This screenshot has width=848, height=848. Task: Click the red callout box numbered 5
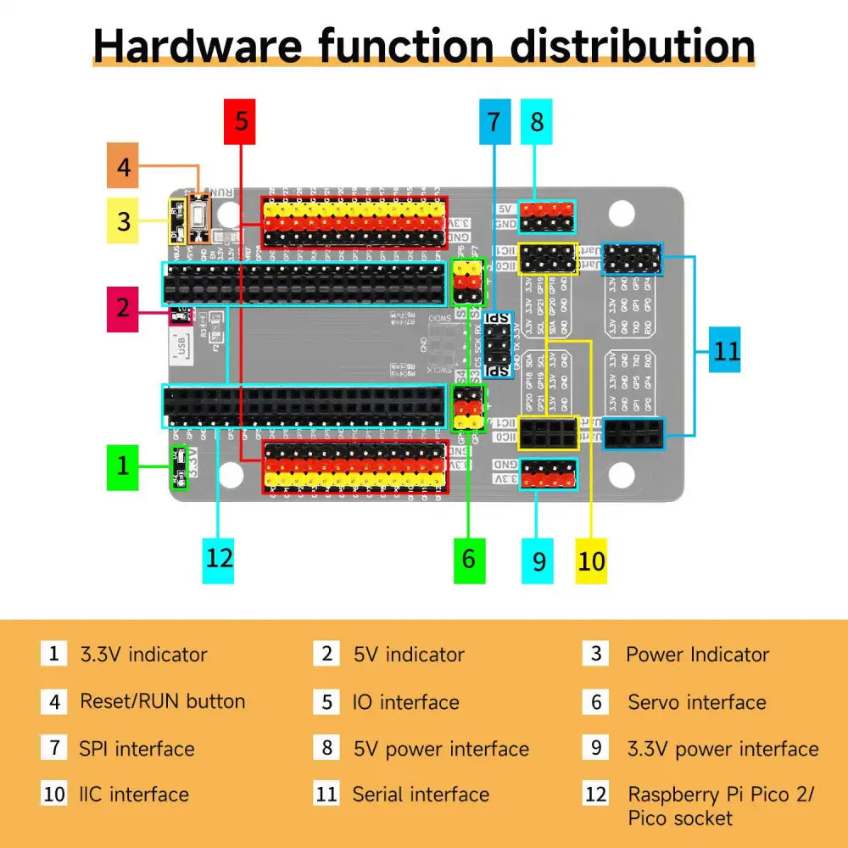click(242, 121)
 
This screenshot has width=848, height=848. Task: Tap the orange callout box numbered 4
click(124, 167)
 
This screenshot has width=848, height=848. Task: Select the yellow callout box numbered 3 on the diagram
click(124, 221)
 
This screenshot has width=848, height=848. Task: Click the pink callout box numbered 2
click(123, 308)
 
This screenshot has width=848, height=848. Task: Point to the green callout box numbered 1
click(124, 466)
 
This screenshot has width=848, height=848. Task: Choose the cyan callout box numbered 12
click(219, 558)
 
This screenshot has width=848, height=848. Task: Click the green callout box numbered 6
click(469, 559)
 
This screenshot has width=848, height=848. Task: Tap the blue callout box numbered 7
click(494, 122)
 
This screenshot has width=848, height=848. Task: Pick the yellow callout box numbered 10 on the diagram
click(592, 561)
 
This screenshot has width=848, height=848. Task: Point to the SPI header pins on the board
click(499, 345)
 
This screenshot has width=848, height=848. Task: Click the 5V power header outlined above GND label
click(547, 216)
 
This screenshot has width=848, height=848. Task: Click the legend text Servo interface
click(696, 702)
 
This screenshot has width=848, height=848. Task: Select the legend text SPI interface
click(137, 749)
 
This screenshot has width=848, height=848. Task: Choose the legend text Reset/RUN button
click(162, 701)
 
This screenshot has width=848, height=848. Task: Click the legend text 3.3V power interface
click(722, 749)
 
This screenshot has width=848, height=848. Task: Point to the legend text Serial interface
click(421, 795)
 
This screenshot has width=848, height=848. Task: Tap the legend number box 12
click(596, 795)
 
